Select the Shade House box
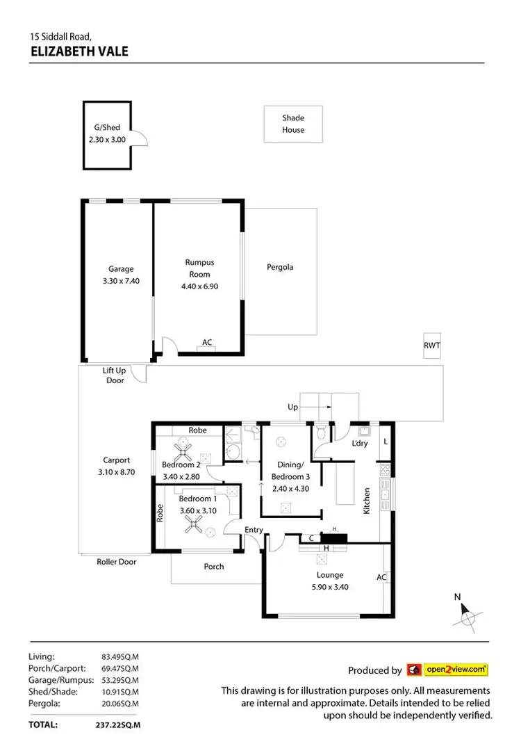point(293,124)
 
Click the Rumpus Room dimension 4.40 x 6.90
point(199,286)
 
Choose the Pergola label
point(280,267)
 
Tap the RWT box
point(432,345)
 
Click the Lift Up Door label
point(115,376)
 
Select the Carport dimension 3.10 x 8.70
point(116,471)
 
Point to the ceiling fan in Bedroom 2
point(184,453)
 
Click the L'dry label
point(360,443)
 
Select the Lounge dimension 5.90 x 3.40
point(329,586)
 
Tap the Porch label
point(214,566)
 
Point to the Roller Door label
point(116,562)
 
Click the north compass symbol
point(466,615)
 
